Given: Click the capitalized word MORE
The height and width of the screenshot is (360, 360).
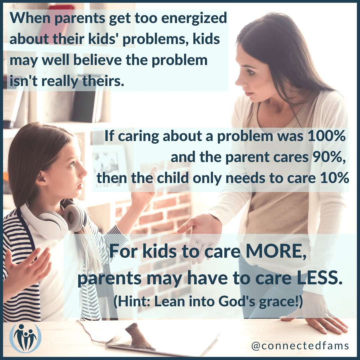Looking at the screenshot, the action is pyautogui.click(x=276, y=251).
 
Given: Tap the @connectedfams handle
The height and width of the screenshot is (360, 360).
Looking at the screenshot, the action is pyautogui.click(x=300, y=346).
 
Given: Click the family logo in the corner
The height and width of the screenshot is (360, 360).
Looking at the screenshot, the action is pyautogui.click(x=25, y=338).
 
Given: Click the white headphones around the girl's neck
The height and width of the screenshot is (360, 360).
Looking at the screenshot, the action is pyautogui.click(x=54, y=217).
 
